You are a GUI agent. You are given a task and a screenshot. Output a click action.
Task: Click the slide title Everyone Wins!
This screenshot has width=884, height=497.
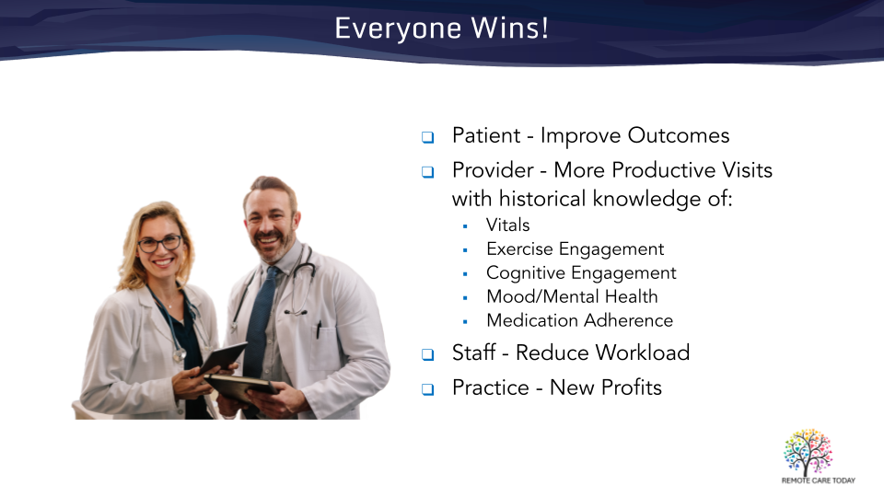tap(441, 29)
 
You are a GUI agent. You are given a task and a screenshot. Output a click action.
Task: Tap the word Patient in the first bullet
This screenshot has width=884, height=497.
tap(486, 136)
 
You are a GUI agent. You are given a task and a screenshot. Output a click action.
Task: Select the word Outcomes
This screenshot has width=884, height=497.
tap(679, 136)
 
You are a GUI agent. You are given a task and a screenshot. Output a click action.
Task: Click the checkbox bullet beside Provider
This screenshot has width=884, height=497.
tap(428, 172)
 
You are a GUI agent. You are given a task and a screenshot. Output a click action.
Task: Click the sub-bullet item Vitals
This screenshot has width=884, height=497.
tap(508, 225)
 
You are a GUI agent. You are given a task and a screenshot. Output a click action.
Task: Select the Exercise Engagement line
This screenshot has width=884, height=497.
tap(575, 249)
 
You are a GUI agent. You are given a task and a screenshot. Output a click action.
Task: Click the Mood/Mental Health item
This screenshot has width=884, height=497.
tap(572, 296)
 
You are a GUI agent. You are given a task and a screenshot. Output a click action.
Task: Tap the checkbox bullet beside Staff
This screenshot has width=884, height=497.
tap(428, 354)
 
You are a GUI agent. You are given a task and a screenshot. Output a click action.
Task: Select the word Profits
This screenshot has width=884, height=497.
tap(631, 387)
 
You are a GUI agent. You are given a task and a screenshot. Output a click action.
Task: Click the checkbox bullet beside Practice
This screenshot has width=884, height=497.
tap(428, 389)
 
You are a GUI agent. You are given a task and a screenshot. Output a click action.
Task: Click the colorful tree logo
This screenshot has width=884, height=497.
tap(808, 452)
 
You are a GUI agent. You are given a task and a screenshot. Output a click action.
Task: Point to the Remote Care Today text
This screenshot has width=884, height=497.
tap(818, 480)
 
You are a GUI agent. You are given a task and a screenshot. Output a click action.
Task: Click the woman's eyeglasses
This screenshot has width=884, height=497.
tap(160, 244)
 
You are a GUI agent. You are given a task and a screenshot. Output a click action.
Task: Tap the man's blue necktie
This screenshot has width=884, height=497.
tap(260, 316)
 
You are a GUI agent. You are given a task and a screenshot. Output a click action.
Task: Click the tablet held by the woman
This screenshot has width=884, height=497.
tap(223, 358)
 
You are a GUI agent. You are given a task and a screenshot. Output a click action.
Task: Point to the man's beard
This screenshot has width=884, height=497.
tap(272, 245)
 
